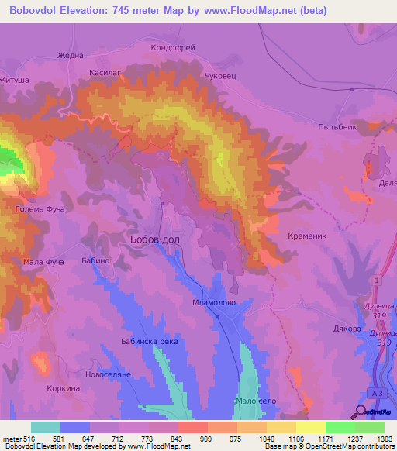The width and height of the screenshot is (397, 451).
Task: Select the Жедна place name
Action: point(70,56)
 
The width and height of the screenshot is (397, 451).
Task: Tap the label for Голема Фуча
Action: point(39,209)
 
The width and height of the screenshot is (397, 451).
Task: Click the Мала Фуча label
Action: point(43,262)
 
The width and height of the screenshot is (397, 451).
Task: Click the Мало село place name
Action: point(256,401)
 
